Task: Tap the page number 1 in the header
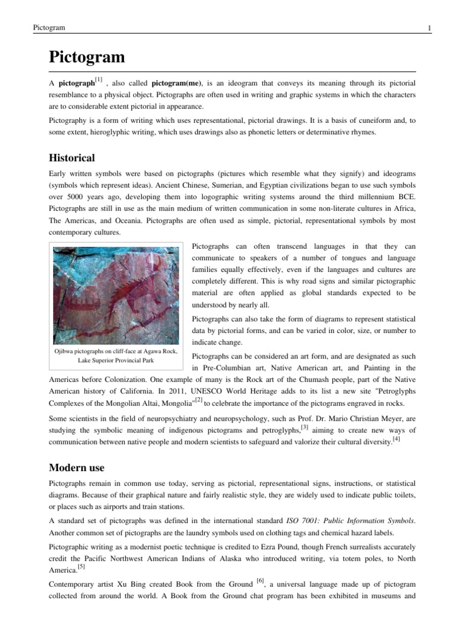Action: click(x=429, y=28)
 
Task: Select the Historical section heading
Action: click(x=71, y=158)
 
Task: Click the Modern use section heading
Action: click(x=76, y=467)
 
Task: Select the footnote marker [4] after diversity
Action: click(x=396, y=439)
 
